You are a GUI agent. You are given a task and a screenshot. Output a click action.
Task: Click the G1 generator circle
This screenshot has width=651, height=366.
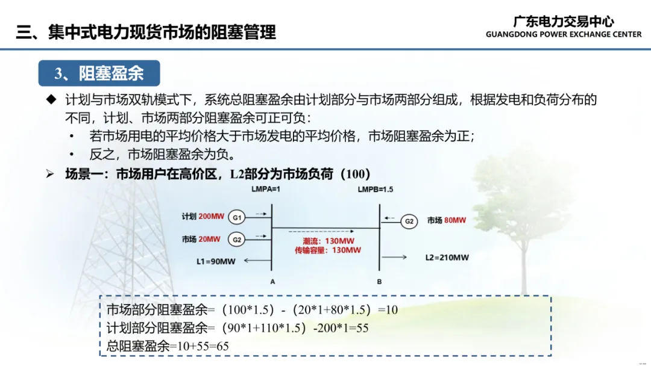[237, 217]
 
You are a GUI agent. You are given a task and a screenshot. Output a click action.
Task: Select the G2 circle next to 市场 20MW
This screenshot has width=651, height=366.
[237, 240]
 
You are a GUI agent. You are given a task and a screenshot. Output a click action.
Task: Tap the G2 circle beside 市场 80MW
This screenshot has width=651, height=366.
[409, 222]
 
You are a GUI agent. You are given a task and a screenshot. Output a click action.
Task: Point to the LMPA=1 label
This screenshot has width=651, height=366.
[266, 190]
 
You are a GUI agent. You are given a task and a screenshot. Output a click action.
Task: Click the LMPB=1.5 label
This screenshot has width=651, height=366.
[376, 190]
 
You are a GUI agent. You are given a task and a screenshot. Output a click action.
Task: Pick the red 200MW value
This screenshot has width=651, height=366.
[212, 216]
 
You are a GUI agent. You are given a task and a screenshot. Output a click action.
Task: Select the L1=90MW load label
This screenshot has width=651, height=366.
[216, 261]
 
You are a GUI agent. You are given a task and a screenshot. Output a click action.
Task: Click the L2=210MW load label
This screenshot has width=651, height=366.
[447, 258]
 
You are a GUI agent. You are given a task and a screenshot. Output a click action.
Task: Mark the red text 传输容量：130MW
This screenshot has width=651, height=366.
[328, 250]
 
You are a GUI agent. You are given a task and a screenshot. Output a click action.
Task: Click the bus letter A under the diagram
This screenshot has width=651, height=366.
[272, 282]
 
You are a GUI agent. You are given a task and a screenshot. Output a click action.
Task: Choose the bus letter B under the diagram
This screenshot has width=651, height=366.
[379, 282]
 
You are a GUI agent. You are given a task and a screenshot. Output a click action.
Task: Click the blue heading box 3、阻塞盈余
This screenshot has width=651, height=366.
[99, 73]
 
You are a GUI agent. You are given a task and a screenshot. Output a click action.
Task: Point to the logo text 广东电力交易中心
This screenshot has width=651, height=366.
[564, 22]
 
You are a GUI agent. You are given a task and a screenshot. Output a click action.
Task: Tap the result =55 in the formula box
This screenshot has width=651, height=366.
[359, 328]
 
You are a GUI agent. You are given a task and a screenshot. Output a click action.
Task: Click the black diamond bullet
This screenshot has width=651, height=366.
[51, 99]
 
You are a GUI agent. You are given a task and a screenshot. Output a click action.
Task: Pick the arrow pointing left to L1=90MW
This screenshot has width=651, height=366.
[257, 261]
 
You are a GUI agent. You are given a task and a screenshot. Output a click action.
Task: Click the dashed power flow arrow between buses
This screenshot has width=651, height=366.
[321, 231]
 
